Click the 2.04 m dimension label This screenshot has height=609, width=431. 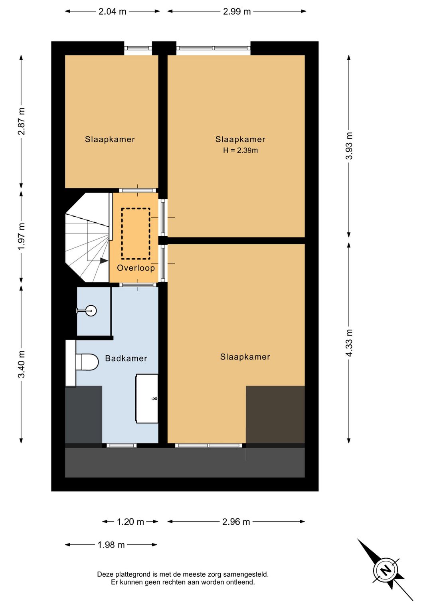click(112, 12)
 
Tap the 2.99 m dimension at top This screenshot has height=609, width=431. click(237, 12)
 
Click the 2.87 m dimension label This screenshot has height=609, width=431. click(21, 121)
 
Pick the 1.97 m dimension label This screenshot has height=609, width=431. click(21, 237)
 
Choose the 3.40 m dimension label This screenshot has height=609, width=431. click(21, 364)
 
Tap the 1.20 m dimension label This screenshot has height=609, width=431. click(130, 522)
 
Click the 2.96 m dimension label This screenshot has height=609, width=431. click(236, 522)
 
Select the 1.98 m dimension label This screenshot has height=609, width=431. click(111, 545)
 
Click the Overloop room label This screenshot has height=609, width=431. click(136, 268)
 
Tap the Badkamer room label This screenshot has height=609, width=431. click(126, 358)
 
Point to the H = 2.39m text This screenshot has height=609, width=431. click(240, 150)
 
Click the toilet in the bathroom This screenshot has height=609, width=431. click(87, 362)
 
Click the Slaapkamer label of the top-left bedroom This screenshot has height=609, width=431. click(110, 139)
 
